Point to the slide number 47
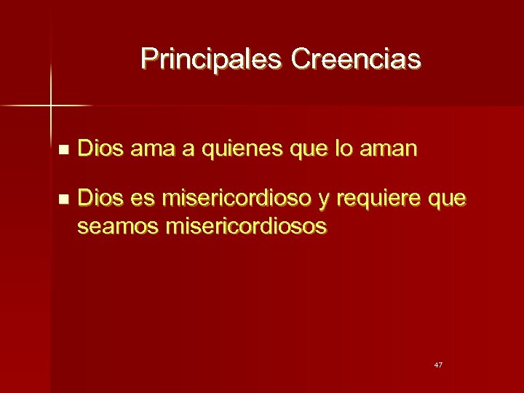click(437, 364)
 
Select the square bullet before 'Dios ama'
click(63, 151)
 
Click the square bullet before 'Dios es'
click(63, 199)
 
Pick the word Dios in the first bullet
click(100, 150)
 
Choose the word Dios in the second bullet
click(100, 197)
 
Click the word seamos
click(118, 227)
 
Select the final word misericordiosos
click(247, 226)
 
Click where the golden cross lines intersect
click(51, 106)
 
